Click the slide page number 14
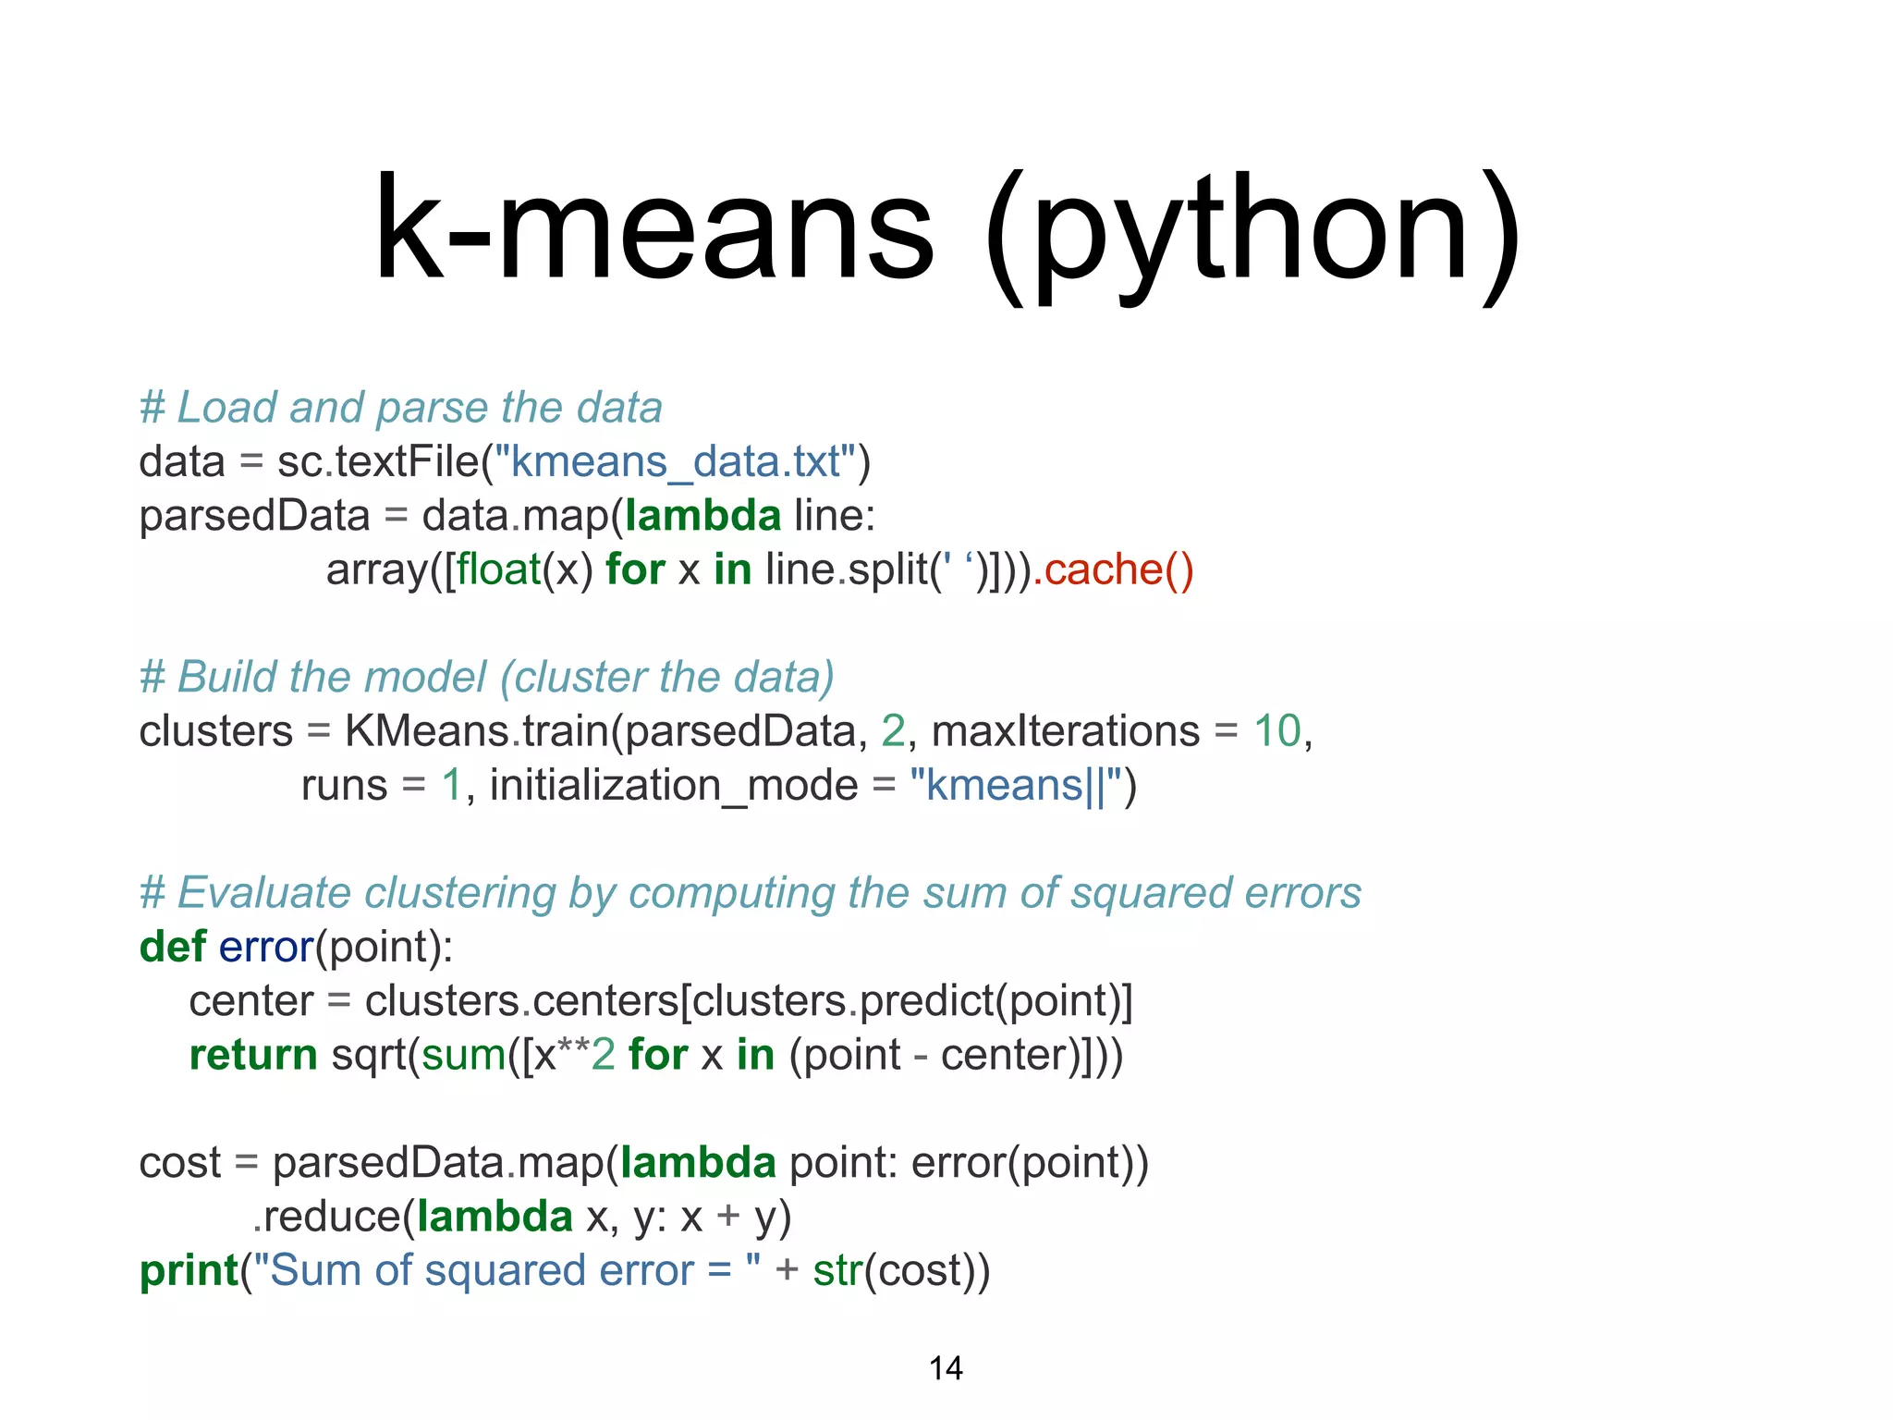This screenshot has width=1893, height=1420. click(946, 1368)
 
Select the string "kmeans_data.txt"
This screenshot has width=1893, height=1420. click(676, 461)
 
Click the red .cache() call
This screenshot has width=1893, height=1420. click(1114, 569)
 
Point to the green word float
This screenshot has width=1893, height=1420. click(499, 569)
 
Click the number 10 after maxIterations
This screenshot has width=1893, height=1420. click(1277, 731)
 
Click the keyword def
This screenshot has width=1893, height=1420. click(173, 947)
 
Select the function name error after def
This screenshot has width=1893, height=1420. click(267, 947)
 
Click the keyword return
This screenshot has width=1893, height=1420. click(253, 1055)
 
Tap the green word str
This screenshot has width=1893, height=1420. click(837, 1270)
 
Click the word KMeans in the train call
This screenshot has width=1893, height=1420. click(427, 731)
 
